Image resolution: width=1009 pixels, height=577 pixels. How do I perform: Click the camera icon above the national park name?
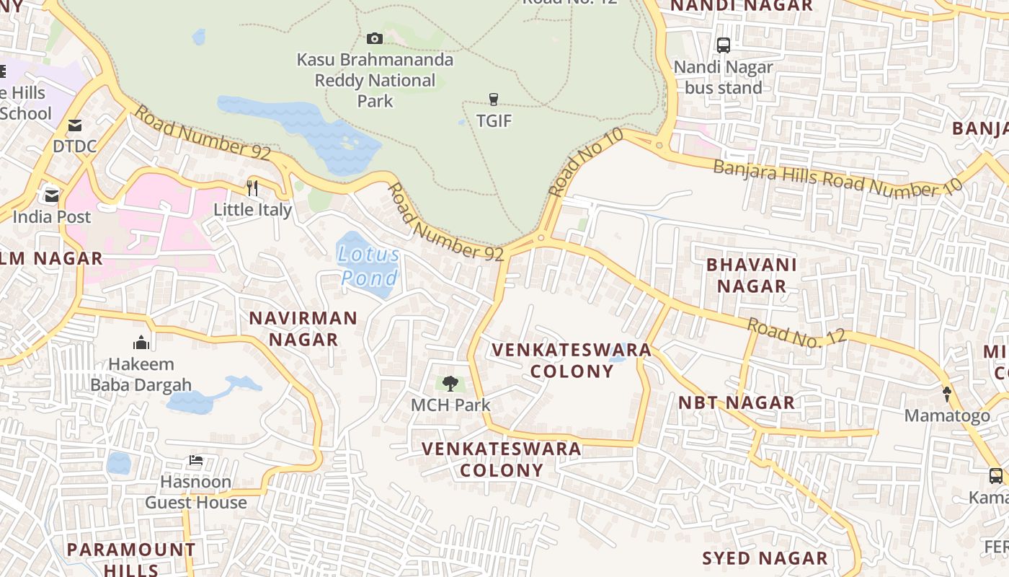point(375,38)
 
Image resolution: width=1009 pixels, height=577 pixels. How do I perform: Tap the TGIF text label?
point(494,121)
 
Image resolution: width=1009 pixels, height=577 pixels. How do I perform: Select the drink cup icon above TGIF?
point(494,100)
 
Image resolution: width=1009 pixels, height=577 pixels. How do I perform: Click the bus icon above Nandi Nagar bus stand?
point(724,45)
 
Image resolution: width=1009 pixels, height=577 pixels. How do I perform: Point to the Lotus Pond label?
point(368,265)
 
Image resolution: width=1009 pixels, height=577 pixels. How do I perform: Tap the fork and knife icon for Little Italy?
point(252,188)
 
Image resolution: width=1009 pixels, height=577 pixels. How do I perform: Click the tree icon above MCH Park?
point(450,384)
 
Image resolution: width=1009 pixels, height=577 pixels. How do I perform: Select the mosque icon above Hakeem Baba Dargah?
point(141,343)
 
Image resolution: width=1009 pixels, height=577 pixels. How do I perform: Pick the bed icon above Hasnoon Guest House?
point(195,460)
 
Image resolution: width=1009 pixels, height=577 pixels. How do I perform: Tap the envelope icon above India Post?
point(52,195)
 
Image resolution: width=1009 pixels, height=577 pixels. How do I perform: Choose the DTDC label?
point(74,146)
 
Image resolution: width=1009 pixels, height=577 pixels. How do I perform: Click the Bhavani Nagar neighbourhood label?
point(751,275)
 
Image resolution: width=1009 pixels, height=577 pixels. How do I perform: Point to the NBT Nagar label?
point(737,402)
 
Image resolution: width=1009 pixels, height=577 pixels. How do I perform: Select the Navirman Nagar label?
point(303,328)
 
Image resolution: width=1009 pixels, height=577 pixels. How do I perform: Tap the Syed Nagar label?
point(765,558)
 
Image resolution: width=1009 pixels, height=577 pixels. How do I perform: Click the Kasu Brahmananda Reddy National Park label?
point(375,80)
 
